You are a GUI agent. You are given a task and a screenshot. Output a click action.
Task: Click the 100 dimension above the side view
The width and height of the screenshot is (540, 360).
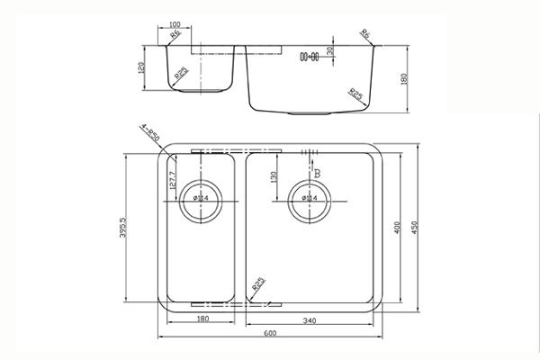[x=175, y=23]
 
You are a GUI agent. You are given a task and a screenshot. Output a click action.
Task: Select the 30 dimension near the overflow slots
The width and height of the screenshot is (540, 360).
[x=332, y=51]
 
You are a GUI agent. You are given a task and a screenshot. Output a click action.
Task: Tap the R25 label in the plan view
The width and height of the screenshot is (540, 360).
[x=258, y=285]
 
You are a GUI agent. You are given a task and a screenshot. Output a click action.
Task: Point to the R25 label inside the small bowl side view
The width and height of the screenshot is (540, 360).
[x=181, y=76]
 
